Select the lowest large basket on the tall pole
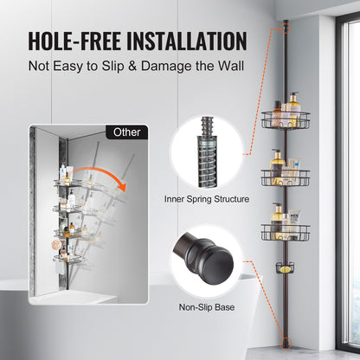tap(285, 231)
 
